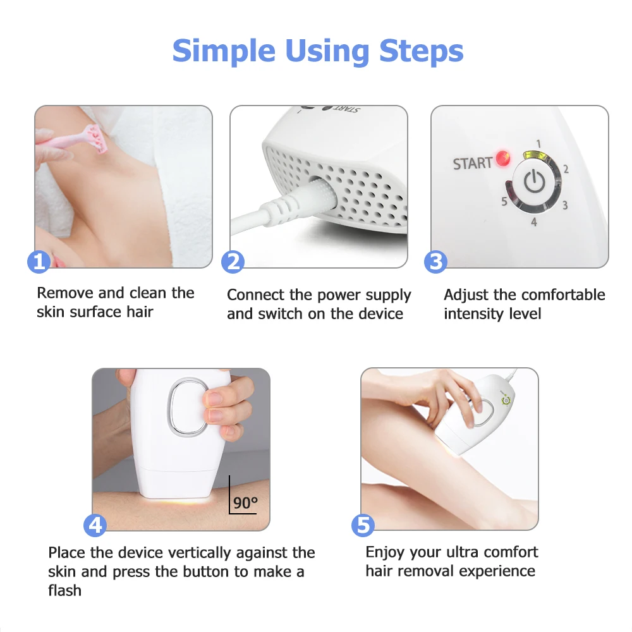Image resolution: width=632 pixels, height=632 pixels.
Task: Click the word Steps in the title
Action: pyautogui.click(x=421, y=52)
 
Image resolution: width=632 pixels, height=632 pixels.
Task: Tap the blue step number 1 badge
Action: pyautogui.click(x=39, y=262)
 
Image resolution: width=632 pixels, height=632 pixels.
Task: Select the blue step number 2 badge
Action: pyautogui.click(x=233, y=262)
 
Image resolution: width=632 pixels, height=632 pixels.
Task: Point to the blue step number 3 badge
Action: pyautogui.click(x=435, y=262)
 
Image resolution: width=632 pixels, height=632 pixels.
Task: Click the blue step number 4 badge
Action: pyautogui.click(x=95, y=525)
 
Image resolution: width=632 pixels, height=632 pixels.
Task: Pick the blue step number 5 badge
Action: pyautogui.click(x=363, y=525)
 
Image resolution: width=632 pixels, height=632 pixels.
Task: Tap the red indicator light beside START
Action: pyautogui.click(x=502, y=159)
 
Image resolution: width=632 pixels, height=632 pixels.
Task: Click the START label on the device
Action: pyautogui.click(x=473, y=163)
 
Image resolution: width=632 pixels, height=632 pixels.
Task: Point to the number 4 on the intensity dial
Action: pyautogui.click(x=534, y=222)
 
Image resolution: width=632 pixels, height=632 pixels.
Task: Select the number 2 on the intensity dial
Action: pyautogui.click(x=566, y=169)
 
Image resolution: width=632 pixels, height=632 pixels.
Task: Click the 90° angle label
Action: pyautogui.click(x=245, y=502)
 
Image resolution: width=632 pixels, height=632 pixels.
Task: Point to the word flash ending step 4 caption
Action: pyautogui.click(x=64, y=590)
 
